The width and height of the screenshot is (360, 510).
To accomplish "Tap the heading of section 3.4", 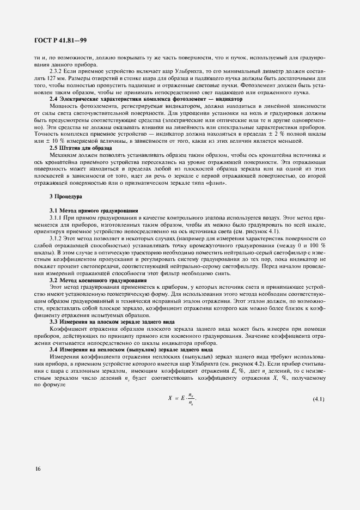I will [127, 349].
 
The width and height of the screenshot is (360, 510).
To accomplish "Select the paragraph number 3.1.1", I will [57, 218].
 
